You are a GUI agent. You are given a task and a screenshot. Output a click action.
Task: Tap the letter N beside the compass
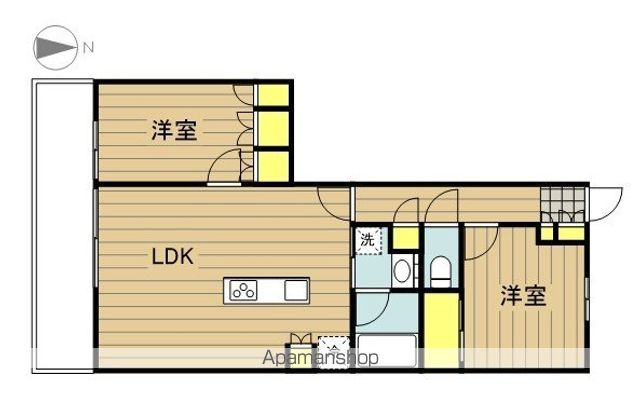(x=88, y=47)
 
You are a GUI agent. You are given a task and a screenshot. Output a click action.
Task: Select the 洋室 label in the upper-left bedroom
(x=174, y=130)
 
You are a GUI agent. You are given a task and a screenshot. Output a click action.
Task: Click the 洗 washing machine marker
(x=367, y=240)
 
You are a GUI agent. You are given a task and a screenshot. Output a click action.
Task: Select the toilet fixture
(x=440, y=268)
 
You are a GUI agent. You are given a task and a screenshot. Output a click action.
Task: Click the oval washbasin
(x=401, y=270)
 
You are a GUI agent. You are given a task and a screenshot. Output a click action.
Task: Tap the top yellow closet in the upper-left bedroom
(x=273, y=96)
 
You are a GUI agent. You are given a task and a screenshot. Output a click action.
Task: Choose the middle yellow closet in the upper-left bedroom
(x=273, y=128)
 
